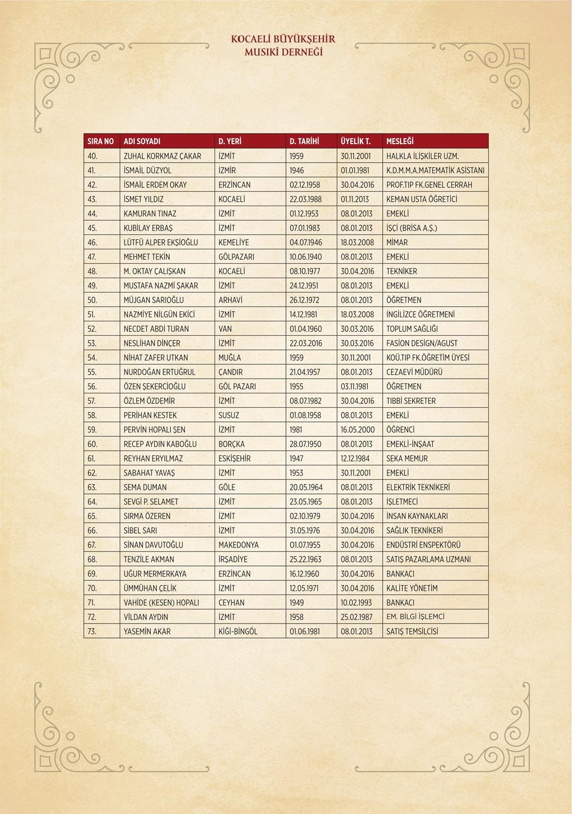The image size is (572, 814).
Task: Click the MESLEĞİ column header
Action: pos(399,141)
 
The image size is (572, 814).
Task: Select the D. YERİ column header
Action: pos(230,141)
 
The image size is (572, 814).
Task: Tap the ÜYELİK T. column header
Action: pos(356,141)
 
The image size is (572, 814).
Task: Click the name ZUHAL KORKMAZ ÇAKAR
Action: pos(162,156)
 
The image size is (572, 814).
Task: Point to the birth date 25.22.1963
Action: pos(306,559)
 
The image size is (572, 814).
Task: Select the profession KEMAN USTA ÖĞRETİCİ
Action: pos(422,199)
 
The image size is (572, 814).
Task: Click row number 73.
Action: pos(92,631)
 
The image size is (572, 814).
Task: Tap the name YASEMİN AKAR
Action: pos(147,631)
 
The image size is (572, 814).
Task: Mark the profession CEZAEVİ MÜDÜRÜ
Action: pos(414,372)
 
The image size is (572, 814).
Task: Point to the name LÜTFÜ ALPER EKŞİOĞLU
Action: pos(160,242)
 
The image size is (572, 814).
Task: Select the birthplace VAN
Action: pos(225,329)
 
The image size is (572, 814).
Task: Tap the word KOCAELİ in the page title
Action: pos(250,39)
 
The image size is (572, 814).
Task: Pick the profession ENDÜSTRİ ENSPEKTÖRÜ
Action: pos(423,545)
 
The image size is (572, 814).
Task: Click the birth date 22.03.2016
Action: pos(306,343)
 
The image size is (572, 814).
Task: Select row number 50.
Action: pos(92,300)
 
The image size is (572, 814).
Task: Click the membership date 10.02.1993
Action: pos(356,602)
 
